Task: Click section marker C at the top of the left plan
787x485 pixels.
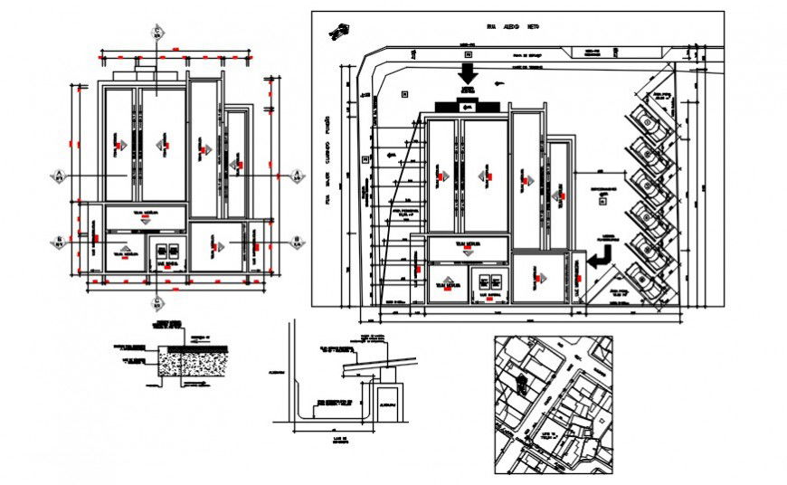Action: coord(156,34)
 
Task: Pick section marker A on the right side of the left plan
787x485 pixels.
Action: coord(295,175)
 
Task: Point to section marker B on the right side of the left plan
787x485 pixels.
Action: coord(295,241)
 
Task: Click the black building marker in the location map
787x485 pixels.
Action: coord(522,380)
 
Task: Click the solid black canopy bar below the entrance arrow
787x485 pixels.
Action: coord(468,107)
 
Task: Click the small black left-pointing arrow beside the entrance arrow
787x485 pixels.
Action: coord(499,85)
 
